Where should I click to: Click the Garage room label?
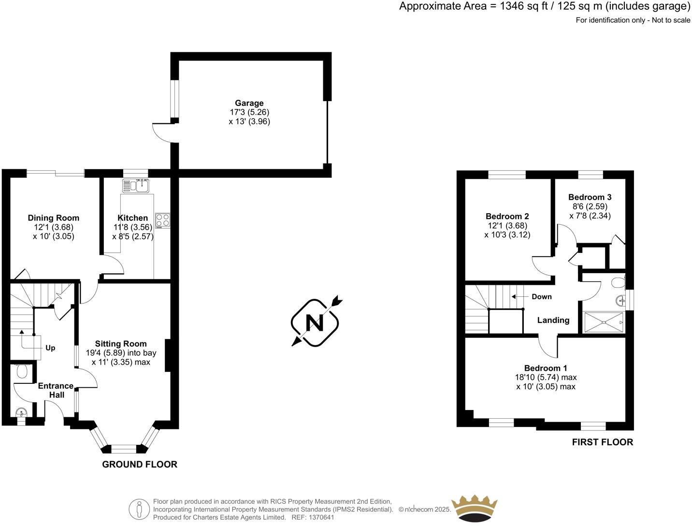tap(249, 103)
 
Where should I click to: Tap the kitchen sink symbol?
tap(137, 185)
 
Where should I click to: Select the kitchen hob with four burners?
tap(163, 220)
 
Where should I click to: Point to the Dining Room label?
tap(53, 218)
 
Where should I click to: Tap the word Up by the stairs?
tap(50, 348)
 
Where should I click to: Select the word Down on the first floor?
tap(541, 297)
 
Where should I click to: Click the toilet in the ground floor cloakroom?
tap(22, 371)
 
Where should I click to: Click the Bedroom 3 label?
tap(590, 197)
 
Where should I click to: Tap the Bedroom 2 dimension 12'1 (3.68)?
tap(507, 226)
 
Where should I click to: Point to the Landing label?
tap(553, 320)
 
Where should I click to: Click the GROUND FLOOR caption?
tap(140, 465)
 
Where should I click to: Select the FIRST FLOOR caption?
tap(602, 442)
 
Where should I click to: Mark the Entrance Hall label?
tap(56, 390)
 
